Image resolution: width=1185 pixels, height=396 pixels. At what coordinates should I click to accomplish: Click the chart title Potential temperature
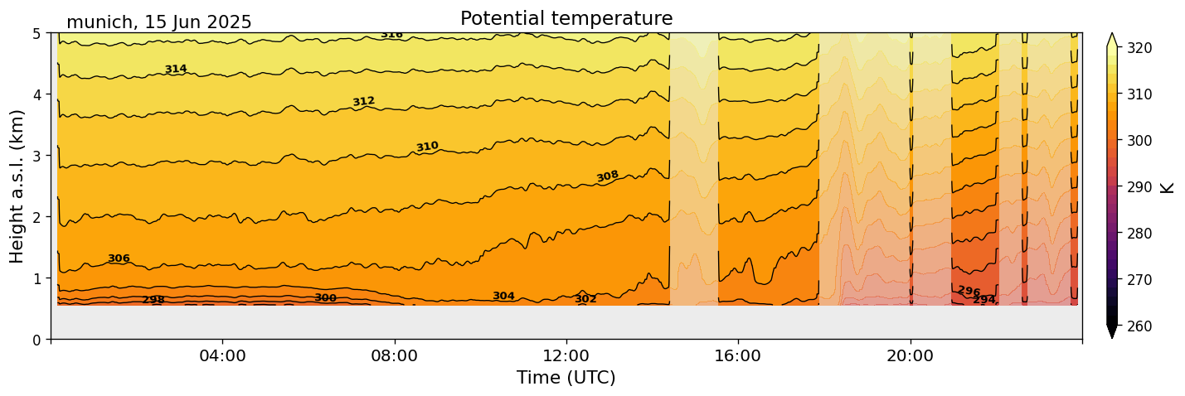pyautogui.click(x=566, y=18)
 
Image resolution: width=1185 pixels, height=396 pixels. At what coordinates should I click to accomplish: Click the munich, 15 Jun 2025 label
pyautogui.click(x=158, y=22)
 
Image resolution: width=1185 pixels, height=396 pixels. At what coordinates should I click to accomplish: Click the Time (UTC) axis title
pyautogui.click(x=566, y=378)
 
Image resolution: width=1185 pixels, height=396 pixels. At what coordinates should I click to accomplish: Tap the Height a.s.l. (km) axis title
pyautogui.click(x=17, y=186)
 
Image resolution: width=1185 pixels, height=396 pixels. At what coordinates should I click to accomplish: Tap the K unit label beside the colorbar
pyautogui.click(x=1168, y=187)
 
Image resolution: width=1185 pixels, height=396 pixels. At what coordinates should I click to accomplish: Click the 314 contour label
pyautogui.click(x=176, y=70)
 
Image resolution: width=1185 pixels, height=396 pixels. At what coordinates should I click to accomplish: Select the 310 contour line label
pyautogui.click(x=427, y=147)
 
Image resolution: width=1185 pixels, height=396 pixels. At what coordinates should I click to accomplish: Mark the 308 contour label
pyautogui.click(x=608, y=176)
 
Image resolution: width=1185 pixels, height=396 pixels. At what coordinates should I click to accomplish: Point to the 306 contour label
pyautogui.click(x=119, y=258)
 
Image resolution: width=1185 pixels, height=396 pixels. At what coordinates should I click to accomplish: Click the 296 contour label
pyautogui.click(x=969, y=292)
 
